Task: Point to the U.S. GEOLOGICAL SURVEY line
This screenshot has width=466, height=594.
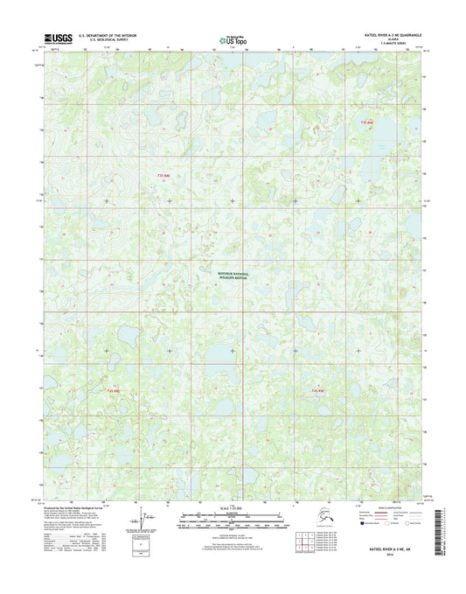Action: (98, 41)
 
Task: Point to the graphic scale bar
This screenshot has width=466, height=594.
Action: (232, 518)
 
